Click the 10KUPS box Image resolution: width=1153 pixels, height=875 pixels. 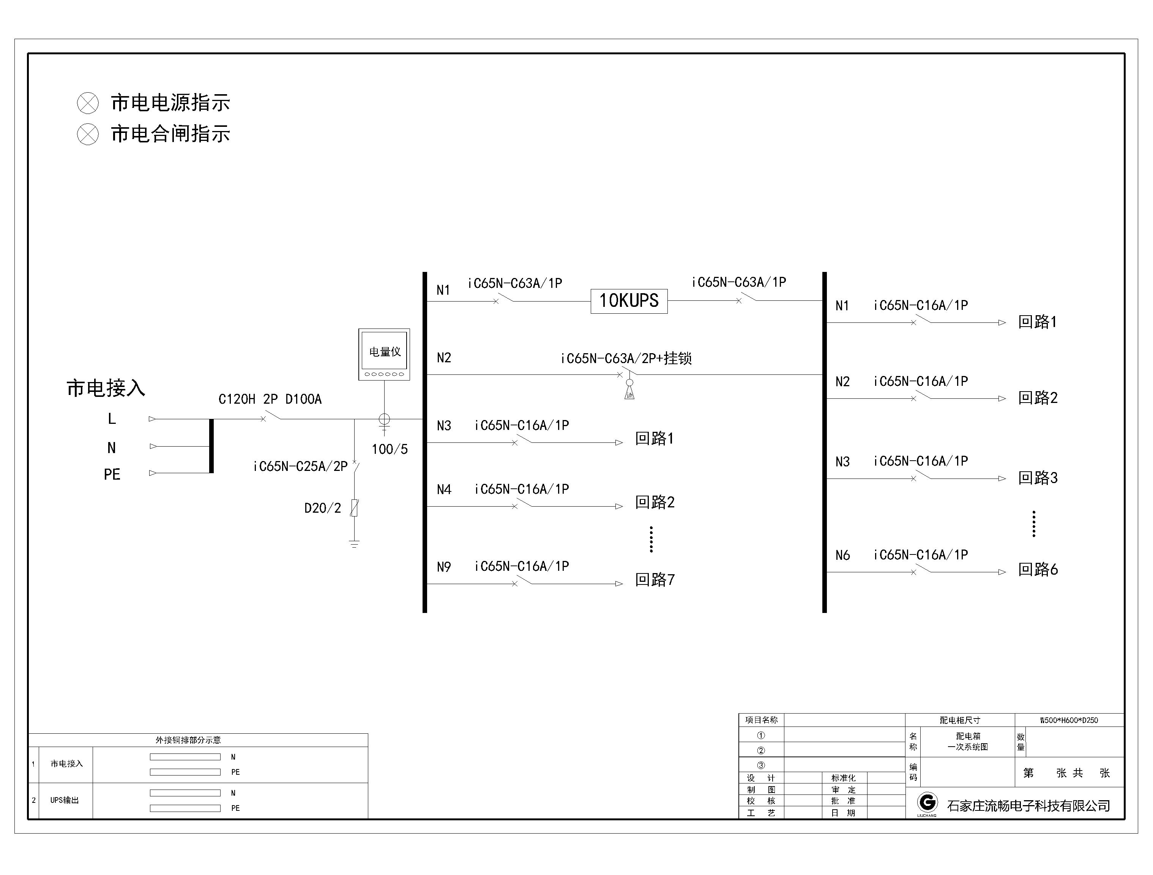pos(629,301)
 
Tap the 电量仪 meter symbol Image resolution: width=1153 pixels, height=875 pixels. pos(384,354)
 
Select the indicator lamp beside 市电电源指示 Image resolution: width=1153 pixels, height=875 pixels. pos(88,103)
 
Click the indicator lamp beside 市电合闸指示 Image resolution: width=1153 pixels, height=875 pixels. pos(88,134)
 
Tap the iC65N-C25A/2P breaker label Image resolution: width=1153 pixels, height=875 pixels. pos(300,467)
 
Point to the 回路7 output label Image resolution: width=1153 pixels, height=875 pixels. pos(655,580)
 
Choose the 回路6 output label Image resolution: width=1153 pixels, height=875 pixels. pos(1038,569)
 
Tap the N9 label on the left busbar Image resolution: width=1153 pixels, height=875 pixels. pos(443,567)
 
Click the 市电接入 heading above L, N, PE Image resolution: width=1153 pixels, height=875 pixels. pos(106,389)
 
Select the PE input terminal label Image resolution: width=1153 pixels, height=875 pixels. pos(112,474)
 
